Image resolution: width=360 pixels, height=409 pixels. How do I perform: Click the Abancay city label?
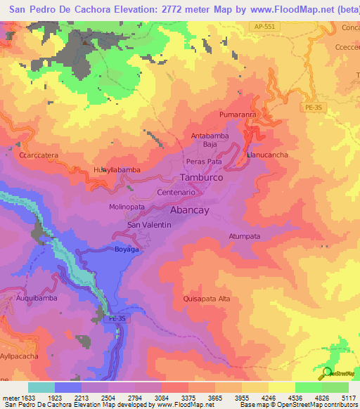tap(193, 209)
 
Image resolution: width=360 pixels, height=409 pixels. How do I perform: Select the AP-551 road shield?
tap(264, 26)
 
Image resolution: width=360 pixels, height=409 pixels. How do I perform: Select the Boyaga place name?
tap(127, 249)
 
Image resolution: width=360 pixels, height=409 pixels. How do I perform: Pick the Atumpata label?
tap(245, 237)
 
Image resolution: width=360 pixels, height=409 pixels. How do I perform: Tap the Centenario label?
tap(165, 192)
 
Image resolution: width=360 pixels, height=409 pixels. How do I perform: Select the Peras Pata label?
tap(205, 162)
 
